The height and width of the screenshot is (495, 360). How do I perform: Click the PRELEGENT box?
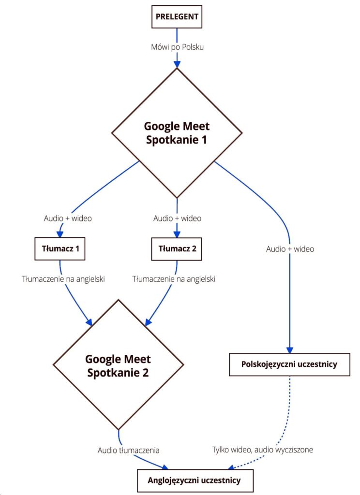[x=177, y=16]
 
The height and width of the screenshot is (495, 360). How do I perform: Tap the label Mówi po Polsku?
[x=177, y=47]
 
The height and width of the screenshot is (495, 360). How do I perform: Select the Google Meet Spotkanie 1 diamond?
[x=177, y=133]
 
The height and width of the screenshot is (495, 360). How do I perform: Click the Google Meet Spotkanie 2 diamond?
[x=118, y=365]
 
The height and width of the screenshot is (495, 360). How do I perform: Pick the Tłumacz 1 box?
[x=60, y=249]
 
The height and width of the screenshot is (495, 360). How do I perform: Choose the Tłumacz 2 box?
[x=177, y=249]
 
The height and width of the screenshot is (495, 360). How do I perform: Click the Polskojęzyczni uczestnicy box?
[x=289, y=364]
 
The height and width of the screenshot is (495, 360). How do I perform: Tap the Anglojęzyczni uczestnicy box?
[x=194, y=480]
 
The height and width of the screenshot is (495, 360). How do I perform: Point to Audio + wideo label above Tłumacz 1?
[x=68, y=218]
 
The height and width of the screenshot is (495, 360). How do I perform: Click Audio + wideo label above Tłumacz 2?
[x=177, y=218]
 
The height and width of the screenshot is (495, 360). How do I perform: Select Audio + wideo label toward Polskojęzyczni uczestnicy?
[x=290, y=249]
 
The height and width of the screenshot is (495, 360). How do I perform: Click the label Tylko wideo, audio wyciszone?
[x=263, y=450]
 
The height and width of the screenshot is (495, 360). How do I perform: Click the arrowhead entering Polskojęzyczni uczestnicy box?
[x=289, y=350]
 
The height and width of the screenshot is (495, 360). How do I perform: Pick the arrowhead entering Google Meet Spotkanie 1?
[x=177, y=63]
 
